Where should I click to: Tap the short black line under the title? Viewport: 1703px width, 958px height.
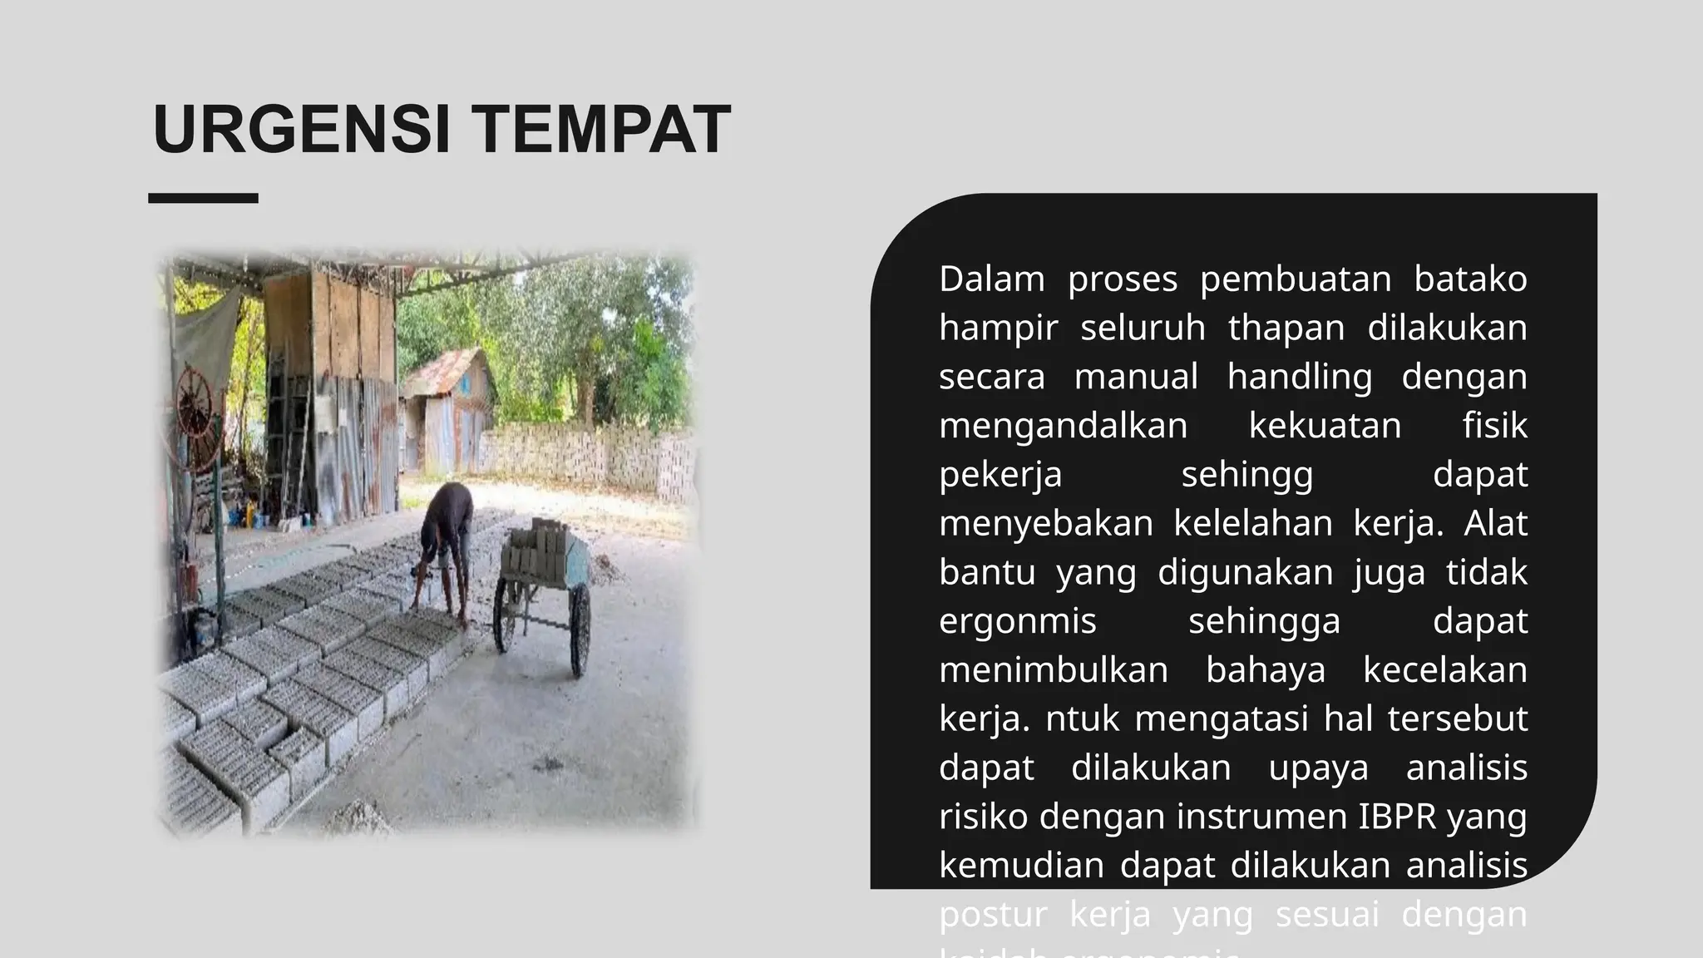[203, 198]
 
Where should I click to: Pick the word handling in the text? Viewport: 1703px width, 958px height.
[1300, 377]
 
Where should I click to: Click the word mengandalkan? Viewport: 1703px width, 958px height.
[1063, 426]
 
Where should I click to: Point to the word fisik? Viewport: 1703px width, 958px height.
[1494, 426]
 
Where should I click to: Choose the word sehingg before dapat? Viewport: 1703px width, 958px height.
[1247, 475]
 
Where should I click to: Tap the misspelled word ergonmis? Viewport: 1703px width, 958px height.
[1018, 621]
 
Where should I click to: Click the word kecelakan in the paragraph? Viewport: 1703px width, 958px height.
[1444, 670]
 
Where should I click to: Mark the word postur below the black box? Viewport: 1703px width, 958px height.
[993, 914]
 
